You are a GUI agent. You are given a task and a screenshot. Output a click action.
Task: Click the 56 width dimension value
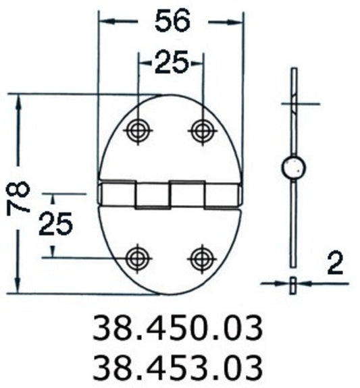point(171,22)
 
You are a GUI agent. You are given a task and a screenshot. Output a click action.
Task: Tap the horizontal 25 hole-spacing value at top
point(171,63)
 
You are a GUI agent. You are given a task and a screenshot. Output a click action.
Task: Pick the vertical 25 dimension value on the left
point(55,223)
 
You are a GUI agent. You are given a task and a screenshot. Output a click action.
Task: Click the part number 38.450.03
point(176,329)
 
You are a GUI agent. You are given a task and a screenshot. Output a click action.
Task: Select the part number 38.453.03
point(176,366)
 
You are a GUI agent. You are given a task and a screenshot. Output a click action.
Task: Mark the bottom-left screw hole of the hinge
point(138,257)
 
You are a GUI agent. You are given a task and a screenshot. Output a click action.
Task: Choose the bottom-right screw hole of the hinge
point(202,257)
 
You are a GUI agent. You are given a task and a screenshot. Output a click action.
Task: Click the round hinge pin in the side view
point(293,167)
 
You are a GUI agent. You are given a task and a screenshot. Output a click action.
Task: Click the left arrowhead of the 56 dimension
point(103,22)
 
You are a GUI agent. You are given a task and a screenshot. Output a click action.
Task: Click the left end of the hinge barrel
point(101,194)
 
